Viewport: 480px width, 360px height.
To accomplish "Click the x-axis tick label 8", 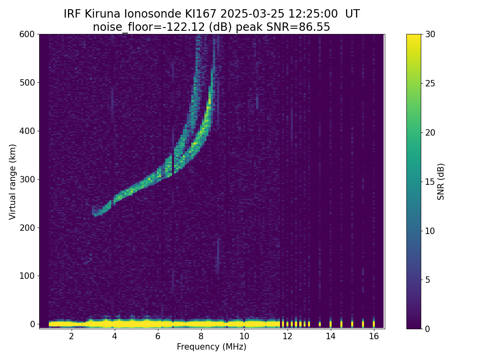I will point(201,336).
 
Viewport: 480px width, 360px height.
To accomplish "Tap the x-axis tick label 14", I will point(330,336).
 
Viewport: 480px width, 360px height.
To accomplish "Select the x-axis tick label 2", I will point(71,336).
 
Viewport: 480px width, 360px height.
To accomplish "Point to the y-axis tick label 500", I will point(27,83).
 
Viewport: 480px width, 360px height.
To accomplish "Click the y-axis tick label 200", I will point(27,228).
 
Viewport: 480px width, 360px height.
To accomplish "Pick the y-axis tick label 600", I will point(27,34).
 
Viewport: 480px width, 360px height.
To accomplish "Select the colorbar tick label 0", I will point(427,329).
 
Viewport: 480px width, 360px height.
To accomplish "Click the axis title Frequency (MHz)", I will point(212,347).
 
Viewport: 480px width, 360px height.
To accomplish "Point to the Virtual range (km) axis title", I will point(13,182).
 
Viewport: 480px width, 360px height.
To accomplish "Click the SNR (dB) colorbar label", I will point(441,182).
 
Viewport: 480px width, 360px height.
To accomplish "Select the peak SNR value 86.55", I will point(314,27).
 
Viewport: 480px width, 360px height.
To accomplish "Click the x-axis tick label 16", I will point(374,336).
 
